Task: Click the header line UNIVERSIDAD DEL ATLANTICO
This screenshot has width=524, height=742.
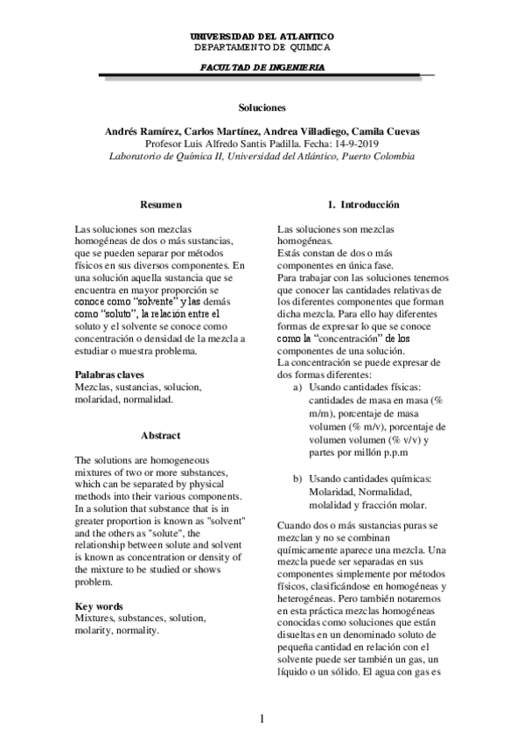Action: tap(262, 36)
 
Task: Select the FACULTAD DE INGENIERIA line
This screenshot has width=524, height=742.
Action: tap(262, 66)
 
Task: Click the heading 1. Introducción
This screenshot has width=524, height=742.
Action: tap(363, 204)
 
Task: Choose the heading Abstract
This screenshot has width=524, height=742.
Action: tap(161, 435)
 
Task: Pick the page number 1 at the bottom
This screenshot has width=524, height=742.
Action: tap(262, 718)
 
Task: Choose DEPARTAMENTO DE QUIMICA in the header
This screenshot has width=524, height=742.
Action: tap(262, 46)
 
